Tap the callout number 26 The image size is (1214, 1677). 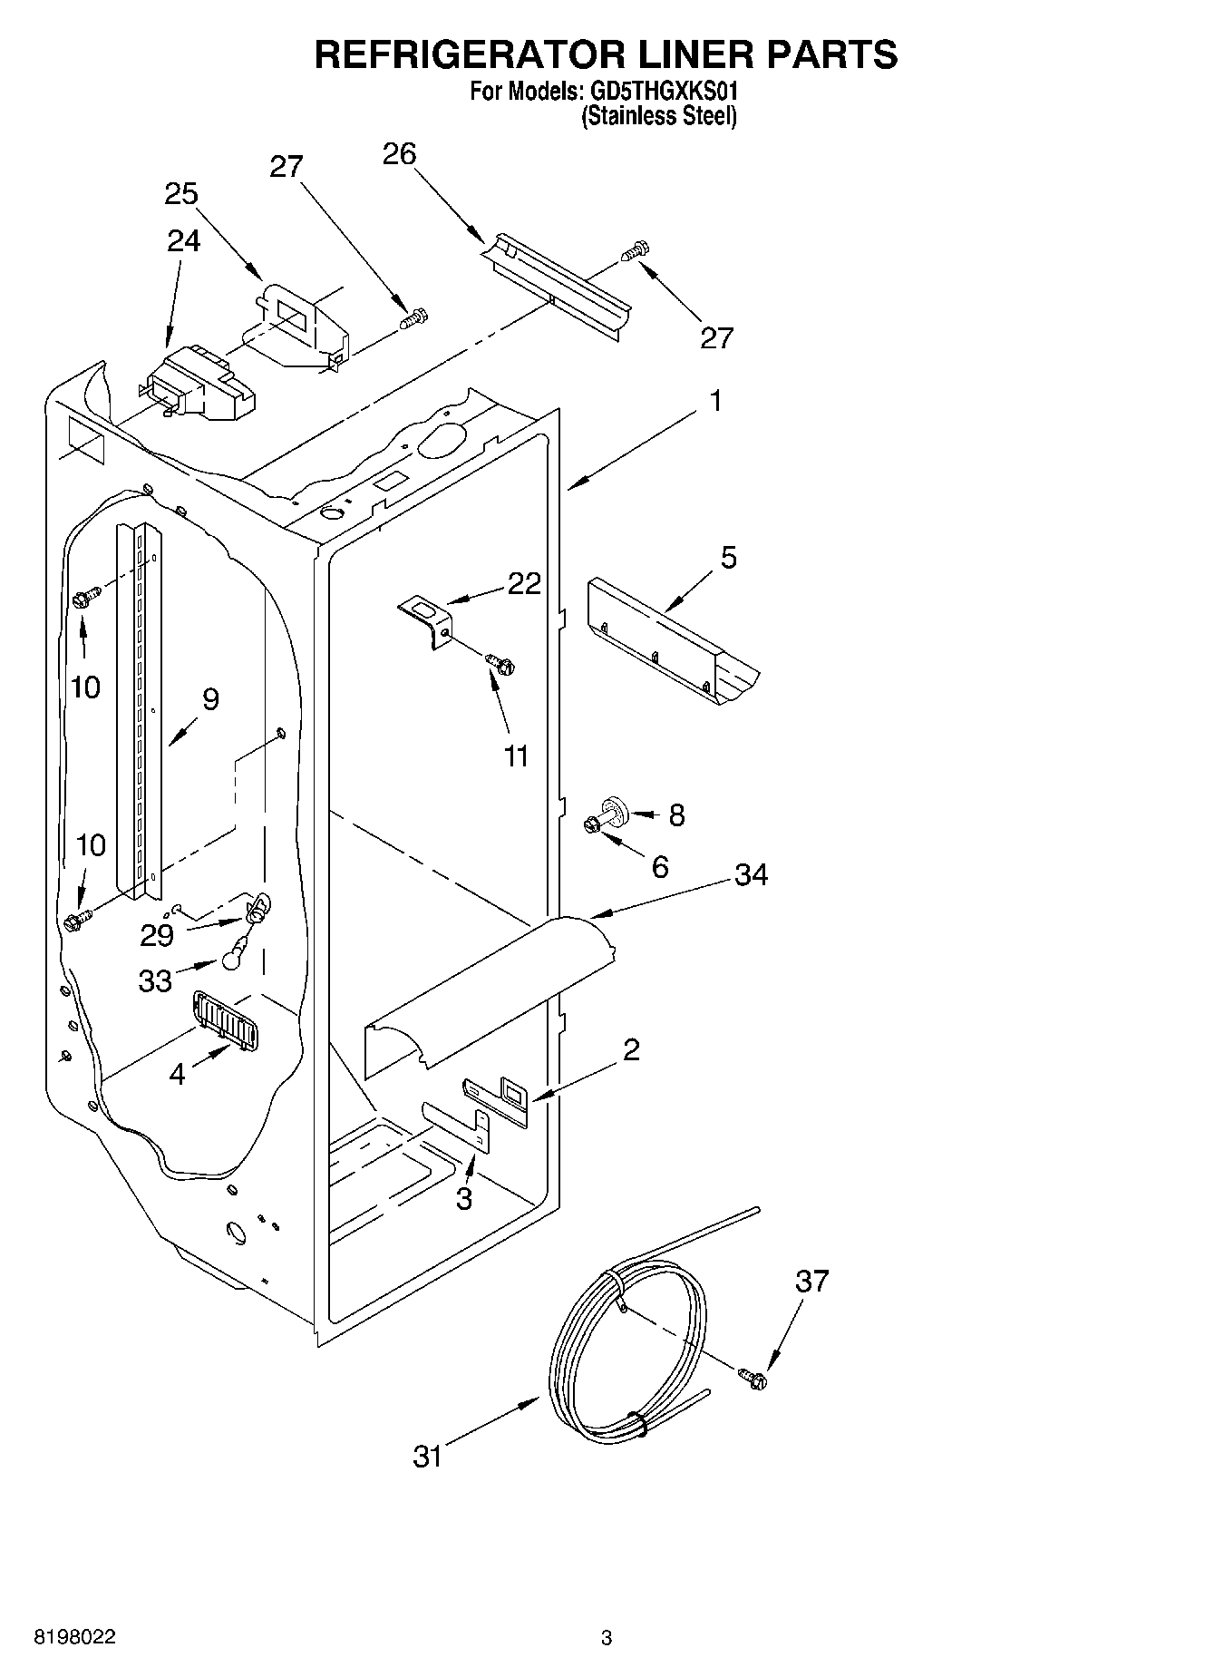tap(399, 154)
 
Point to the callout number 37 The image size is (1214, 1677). tap(811, 1281)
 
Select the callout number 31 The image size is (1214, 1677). tap(428, 1457)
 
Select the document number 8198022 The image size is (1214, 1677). tap(74, 1637)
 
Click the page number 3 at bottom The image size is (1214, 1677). tap(607, 1637)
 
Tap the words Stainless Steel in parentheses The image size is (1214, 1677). tap(658, 116)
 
